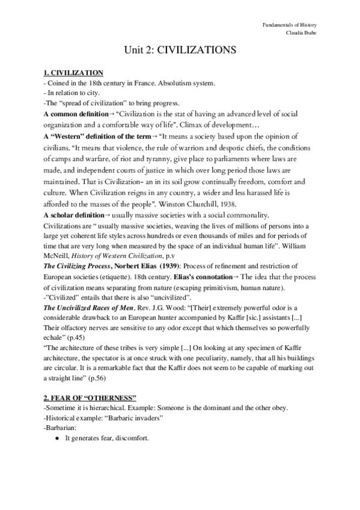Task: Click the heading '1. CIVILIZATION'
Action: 77,73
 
